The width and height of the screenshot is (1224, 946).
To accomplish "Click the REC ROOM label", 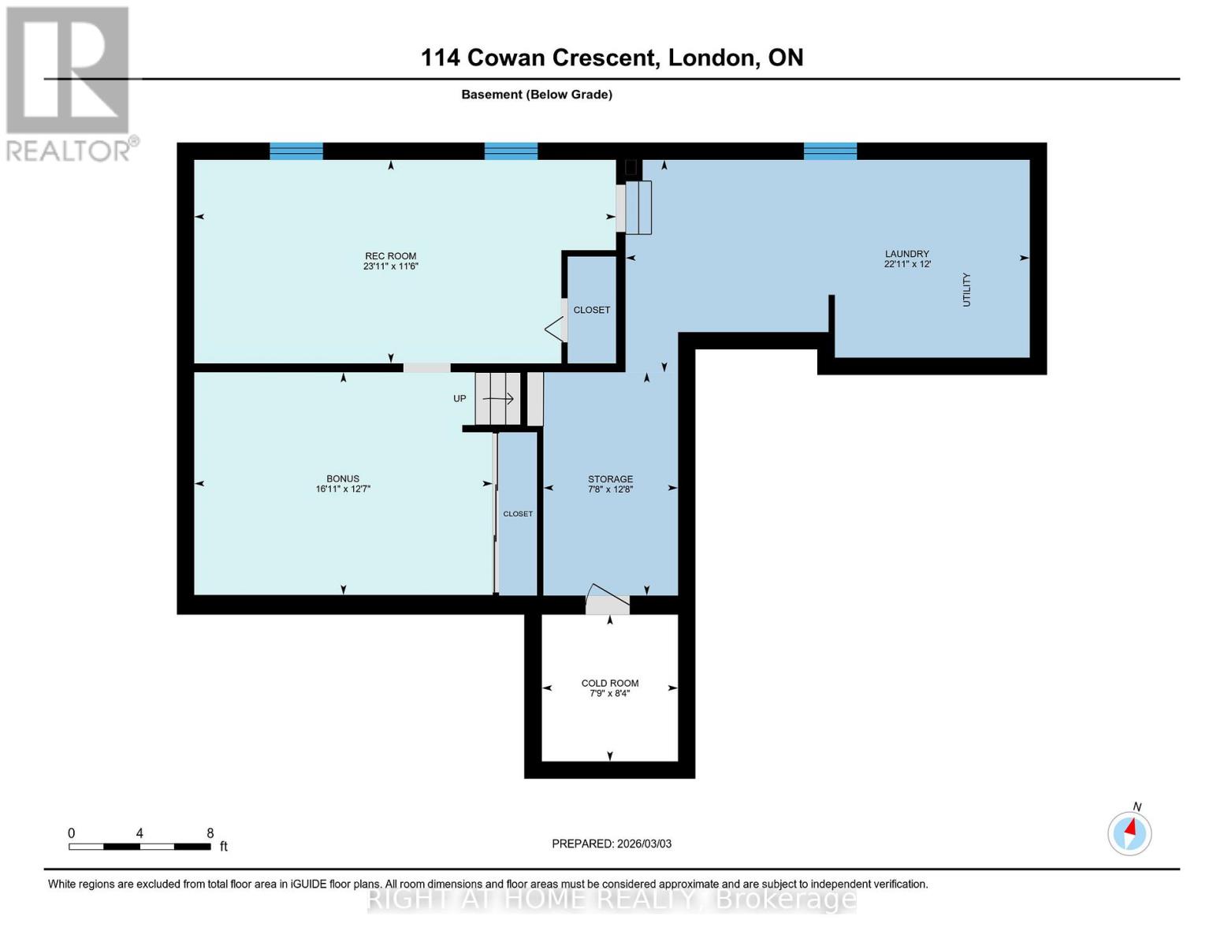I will [390, 256].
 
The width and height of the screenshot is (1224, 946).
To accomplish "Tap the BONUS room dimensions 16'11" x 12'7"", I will [343, 490].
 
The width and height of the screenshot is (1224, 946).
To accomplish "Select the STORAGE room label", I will [610, 479].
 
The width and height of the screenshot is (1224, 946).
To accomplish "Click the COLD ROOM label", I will [610, 683].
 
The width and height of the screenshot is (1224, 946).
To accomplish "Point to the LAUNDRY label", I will [906, 254].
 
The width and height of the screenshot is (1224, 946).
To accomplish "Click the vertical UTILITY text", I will [966, 289].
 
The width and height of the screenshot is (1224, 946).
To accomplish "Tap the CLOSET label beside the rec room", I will [591, 311].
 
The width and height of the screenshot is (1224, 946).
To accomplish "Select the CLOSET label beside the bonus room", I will [518, 514].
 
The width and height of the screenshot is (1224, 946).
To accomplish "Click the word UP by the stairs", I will [459, 399].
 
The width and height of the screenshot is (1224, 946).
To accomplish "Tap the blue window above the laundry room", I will [830, 151].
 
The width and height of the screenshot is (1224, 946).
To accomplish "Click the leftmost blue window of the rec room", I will [296, 151].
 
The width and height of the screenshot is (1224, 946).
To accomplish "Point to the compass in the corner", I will [1129, 832].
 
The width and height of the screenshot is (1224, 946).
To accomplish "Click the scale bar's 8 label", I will [210, 833].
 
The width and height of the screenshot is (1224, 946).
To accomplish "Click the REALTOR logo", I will [69, 83].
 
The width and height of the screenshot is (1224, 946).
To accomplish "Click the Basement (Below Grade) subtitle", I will [537, 95].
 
